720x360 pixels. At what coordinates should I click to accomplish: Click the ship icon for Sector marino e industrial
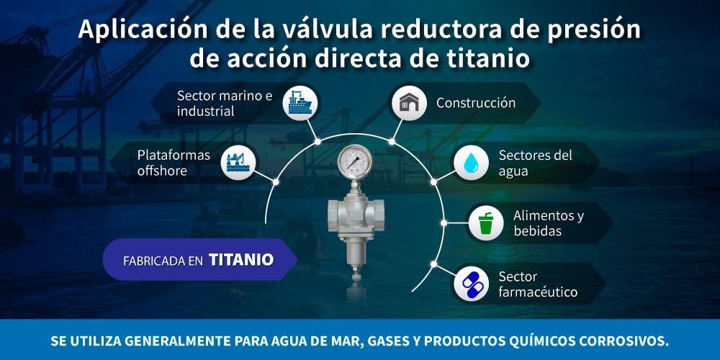point(297,103)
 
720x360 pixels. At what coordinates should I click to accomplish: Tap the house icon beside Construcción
point(409,103)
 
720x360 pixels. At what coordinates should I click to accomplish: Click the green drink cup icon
point(485,223)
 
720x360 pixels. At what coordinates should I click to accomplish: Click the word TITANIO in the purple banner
point(241,260)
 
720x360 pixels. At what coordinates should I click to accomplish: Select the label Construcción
point(476,103)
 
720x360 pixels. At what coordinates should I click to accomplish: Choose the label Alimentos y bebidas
point(548,223)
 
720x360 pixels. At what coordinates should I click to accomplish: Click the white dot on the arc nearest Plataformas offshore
point(276,182)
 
